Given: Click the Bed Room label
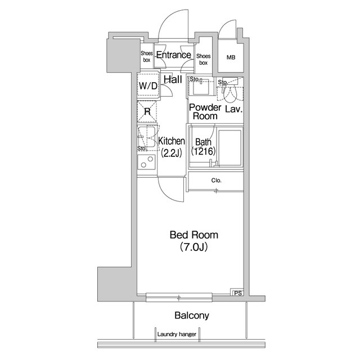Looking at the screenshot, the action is [194, 241].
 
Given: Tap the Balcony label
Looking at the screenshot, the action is [192, 316].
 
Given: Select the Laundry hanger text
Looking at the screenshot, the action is [177, 334].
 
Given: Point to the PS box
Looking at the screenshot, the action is [238, 293].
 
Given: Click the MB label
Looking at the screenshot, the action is [231, 57].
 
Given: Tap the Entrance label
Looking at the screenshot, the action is [174, 55].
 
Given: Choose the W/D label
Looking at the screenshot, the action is [148, 86].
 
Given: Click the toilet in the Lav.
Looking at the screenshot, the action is [229, 94].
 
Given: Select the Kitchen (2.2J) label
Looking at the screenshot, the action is [172, 147].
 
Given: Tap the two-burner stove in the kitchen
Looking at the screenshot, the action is [146, 162].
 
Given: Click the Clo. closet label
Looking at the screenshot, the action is [216, 181].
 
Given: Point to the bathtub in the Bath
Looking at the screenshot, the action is [230, 147].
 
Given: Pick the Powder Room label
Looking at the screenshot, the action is [205, 112].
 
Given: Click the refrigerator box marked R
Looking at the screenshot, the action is [147, 112].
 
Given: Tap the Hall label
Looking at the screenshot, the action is [173, 79].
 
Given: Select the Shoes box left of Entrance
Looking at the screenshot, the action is [147, 56].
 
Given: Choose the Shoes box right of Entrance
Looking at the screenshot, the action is [204, 59].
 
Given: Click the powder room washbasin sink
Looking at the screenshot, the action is [201, 87].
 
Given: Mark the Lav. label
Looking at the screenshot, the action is [234, 109].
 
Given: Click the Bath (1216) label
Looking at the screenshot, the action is [203, 147].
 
